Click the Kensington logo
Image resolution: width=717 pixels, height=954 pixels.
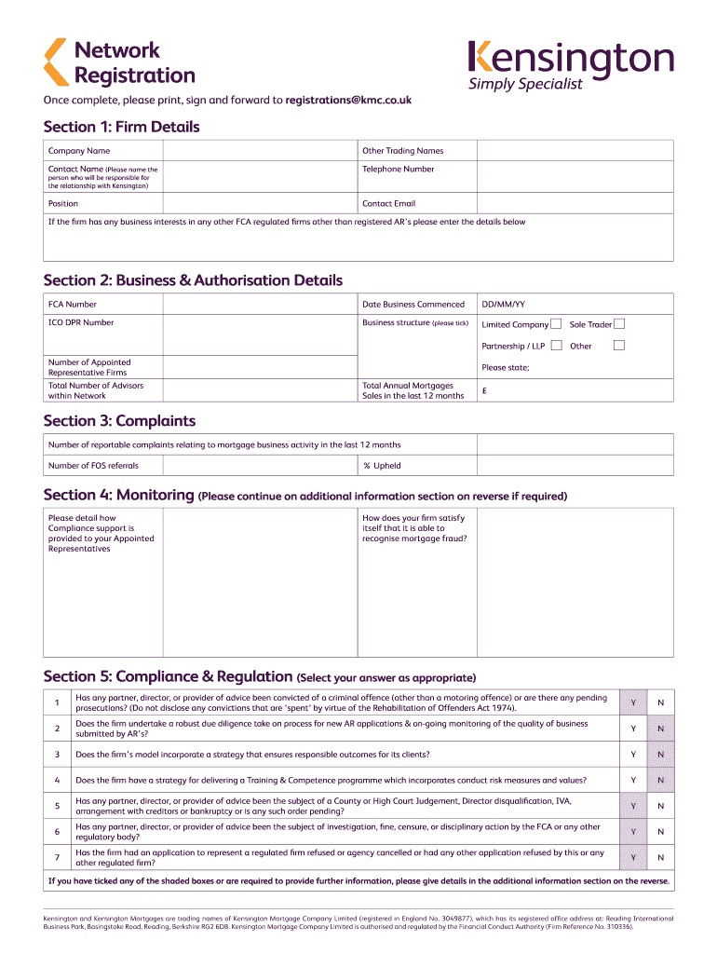(570, 64)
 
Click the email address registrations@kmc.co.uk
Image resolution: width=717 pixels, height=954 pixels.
(348, 99)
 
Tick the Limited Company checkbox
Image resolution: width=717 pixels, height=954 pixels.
(555, 324)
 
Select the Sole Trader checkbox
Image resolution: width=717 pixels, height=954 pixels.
(619, 324)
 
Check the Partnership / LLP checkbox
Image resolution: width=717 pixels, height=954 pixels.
(555, 346)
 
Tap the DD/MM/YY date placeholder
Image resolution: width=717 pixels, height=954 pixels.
(503, 305)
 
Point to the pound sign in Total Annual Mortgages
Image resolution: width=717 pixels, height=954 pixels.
(483, 391)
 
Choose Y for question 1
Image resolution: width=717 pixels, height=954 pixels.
(633, 702)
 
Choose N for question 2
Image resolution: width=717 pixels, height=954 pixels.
(661, 728)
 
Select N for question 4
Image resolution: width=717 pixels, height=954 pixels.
(661, 780)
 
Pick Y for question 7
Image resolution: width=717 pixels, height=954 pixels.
(633, 857)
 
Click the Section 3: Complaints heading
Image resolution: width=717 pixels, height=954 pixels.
(119, 421)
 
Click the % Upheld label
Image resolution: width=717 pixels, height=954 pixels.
(382, 466)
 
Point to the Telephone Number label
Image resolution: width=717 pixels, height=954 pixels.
(398, 169)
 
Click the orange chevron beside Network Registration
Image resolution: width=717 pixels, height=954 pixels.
(56, 62)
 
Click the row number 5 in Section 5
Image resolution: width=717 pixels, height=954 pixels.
(57, 805)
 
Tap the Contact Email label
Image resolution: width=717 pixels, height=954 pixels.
(388, 203)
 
